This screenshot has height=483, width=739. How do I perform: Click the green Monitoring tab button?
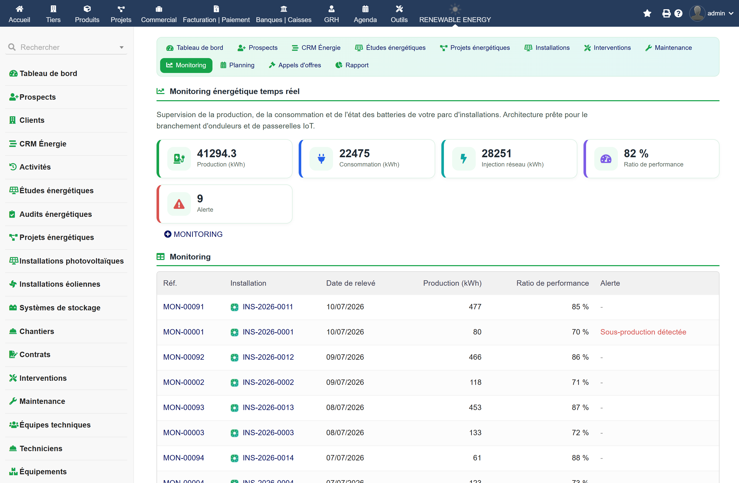click(x=186, y=65)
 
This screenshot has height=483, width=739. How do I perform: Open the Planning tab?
click(x=237, y=65)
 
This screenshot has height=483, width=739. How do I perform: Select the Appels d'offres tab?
click(x=295, y=65)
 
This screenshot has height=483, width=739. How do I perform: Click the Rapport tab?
click(x=352, y=65)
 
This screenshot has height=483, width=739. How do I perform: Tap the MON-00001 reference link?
click(x=183, y=332)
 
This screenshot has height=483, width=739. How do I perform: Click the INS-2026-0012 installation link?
click(x=268, y=357)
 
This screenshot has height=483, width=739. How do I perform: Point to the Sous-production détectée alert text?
click(x=643, y=332)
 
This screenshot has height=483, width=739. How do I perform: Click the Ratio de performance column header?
click(x=552, y=283)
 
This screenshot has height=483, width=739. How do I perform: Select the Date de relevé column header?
click(x=351, y=283)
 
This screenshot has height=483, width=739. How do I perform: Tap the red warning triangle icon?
click(x=179, y=204)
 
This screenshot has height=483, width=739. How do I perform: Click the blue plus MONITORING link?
click(x=193, y=234)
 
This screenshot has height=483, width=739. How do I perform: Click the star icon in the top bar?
click(x=647, y=13)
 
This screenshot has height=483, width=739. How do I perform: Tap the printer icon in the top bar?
click(x=666, y=13)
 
